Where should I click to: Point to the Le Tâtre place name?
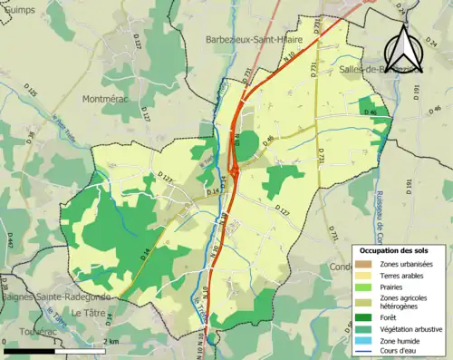[x=88, y=314]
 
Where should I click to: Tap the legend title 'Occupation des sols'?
[x=400, y=250]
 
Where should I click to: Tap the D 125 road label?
[x=32, y=92]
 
